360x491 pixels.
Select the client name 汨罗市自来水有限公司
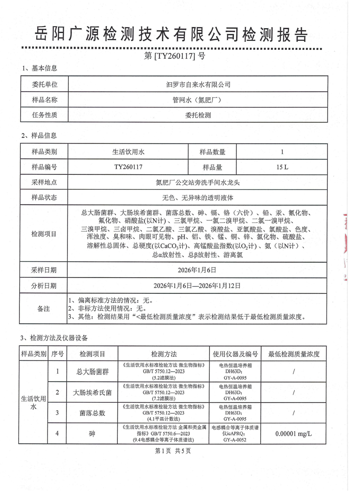click(198, 84)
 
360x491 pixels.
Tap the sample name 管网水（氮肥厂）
click(198, 99)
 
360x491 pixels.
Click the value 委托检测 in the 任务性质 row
click(198, 115)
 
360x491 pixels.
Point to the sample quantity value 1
click(281, 152)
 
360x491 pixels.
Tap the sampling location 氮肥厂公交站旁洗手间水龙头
click(198, 182)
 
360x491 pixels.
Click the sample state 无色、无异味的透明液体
click(198, 197)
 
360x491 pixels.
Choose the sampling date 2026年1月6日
click(198, 269)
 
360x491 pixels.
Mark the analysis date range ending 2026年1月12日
click(198, 285)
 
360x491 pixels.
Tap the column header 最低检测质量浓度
click(293, 354)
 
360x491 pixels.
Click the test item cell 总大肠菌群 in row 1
click(92, 372)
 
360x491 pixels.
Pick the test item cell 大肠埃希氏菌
click(92, 392)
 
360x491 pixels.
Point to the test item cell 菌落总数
click(92, 412)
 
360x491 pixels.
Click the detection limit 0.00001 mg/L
click(293, 434)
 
